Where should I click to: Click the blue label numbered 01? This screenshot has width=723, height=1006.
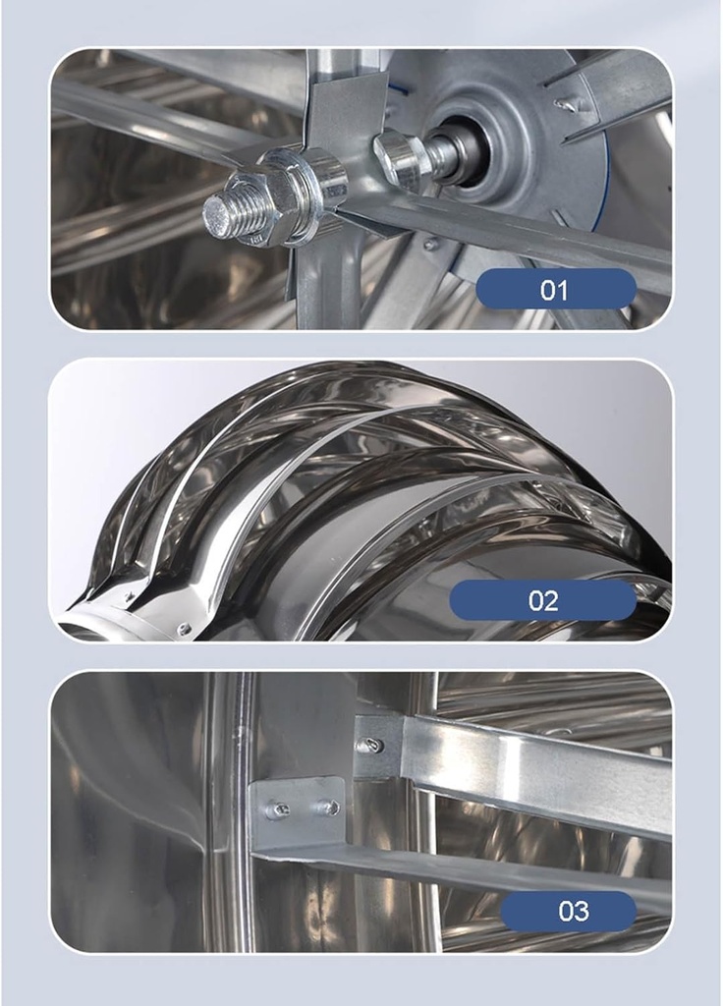tap(555, 290)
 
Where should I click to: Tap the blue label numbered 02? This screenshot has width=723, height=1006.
tap(542, 600)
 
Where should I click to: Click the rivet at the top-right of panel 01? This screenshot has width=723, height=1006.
tap(562, 103)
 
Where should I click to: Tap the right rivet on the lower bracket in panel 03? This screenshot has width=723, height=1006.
tap(331, 808)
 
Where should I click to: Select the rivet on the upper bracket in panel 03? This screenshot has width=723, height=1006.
tap(372, 746)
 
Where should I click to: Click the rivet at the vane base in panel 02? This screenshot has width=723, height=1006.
tap(183, 628)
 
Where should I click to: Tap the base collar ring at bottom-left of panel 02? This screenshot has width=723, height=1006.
tap(98, 626)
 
